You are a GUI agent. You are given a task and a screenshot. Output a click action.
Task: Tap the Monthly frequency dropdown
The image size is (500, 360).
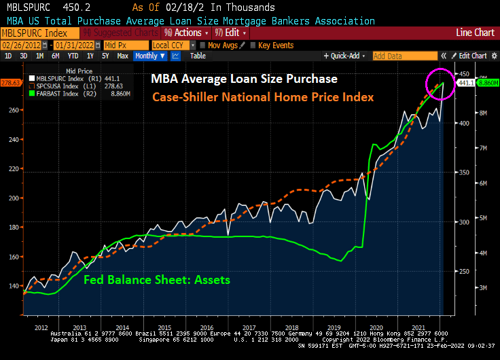150,56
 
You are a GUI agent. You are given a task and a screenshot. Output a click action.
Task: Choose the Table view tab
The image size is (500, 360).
198,56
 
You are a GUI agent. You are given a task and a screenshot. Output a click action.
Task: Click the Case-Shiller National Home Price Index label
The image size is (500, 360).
263,98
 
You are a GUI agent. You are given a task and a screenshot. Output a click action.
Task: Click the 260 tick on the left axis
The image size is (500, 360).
14,110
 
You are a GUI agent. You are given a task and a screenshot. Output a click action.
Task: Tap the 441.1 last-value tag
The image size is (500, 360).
465,83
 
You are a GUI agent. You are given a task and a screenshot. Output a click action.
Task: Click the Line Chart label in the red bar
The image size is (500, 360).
475,33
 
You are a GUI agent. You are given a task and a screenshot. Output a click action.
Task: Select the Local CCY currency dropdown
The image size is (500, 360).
170,45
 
